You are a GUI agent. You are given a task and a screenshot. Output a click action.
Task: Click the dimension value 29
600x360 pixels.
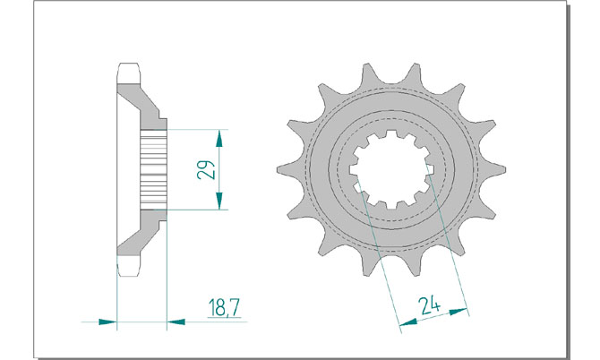point(206,169)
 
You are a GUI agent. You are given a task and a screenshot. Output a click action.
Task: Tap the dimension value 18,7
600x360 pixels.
point(224,308)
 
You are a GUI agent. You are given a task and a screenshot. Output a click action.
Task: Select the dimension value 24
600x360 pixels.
point(429,305)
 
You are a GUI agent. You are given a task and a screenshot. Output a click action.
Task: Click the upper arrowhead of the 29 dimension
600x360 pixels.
point(219,139)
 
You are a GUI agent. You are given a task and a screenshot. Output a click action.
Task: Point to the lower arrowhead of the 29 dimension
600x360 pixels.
point(219,201)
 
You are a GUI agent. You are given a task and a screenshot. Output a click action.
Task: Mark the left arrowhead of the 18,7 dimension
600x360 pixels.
point(107,321)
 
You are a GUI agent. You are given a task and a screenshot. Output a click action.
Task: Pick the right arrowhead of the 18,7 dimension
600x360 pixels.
point(176,322)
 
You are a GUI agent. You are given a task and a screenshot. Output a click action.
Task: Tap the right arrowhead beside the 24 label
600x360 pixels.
point(459,311)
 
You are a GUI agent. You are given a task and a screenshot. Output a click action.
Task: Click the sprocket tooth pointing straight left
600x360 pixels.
point(289,169)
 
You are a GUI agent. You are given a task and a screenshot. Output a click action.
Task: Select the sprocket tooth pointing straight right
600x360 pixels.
point(493,169)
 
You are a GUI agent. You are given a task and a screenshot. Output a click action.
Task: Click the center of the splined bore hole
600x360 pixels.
point(391,169)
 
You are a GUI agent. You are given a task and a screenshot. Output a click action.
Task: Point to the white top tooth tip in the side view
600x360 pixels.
point(128,73)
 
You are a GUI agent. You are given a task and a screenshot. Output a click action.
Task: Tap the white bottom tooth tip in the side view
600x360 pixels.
point(128,266)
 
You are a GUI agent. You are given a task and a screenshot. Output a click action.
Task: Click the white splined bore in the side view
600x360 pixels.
point(154,169)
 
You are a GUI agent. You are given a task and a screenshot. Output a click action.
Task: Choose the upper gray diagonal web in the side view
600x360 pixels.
point(141,107)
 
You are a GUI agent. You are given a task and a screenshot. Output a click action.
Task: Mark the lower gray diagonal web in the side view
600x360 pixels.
point(141,233)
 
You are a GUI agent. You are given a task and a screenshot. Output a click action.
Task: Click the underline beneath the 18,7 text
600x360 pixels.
point(224,318)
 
